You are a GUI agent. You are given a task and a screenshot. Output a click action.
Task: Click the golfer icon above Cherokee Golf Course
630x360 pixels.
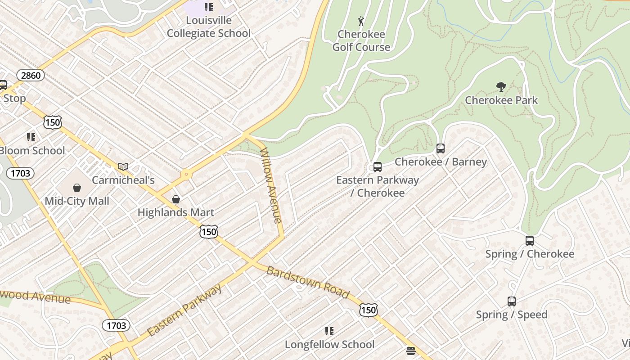pyautogui.click(x=361, y=21)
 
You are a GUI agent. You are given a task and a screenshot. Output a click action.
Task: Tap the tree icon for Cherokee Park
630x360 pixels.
pyautogui.click(x=501, y=87)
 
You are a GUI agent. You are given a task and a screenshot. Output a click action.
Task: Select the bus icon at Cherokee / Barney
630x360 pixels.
pyautogui.click(x=441, y=148)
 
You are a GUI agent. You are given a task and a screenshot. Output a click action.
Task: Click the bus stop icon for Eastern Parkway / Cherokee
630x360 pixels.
pyautogui.click(x=378, y=167)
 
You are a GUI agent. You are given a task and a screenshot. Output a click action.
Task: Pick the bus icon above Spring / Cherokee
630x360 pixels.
pyautogui.click(x=530, y=241)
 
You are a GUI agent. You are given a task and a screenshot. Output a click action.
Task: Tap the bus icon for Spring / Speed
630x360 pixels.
pyautogui.click(x=512, y=301)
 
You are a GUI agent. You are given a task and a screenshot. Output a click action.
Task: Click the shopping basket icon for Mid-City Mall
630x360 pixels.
pyautogui.click(x=77, y=188)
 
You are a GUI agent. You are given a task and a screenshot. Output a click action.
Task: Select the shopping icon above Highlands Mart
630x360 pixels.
pyautogui.click(x=176, y=199)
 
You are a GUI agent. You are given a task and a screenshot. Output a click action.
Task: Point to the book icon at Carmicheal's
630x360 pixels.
pyautogui.click(x=123, y=167)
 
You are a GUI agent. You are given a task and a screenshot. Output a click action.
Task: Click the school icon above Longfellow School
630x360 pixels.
pyautogui.click(x=329, y=331)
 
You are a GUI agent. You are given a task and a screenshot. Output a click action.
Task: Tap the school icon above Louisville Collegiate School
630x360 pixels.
pyautogui.click(x=208, y=7)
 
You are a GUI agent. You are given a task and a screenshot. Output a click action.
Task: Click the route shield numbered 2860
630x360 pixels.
pyautogui.click(x=31, y=75)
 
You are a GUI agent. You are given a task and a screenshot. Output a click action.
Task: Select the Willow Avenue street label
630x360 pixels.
pyautogui.click(x=271, y=185)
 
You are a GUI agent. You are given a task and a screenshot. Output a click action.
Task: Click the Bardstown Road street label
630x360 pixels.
pyautogui.click(x=308, y=283)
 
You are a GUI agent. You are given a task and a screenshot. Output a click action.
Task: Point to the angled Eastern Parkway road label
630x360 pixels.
pyautogui.click(x=184, y=310)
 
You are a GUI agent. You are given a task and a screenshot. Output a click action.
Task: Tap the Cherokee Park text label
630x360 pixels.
pyautogui.click(x=501, y=100)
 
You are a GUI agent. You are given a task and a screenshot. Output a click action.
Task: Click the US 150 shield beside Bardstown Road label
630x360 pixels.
pyautogui.click(x=368, y=310)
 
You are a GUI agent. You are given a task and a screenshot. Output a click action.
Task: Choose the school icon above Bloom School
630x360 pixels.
pyautogui.click(x=31, y=137)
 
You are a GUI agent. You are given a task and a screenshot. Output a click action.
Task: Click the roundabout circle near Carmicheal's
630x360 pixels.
pyautogui.click(x=186, y=174)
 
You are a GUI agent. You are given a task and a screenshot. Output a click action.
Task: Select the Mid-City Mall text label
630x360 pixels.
pyautogui.click(x=77, y=201)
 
